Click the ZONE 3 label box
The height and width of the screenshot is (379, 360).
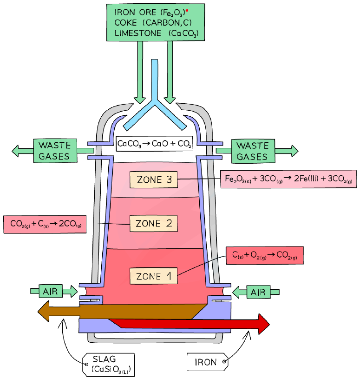click(x=154, y=180)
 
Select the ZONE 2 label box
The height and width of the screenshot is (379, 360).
click(x=154, y=223)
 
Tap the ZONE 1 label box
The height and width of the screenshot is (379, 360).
click(x=154, y=276)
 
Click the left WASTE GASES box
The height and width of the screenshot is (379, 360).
click(x=55, y=151)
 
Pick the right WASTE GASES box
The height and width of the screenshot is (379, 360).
click(x=253, y=151)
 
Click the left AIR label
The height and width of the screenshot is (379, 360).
click(x=51, y=291)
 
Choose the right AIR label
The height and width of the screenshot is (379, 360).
click(x=258, y=292)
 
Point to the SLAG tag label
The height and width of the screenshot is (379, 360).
click(x=108, y=365)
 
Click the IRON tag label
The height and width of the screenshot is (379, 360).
click(x=207, y=362)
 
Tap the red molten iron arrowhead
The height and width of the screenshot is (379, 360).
click(x=264, y=324)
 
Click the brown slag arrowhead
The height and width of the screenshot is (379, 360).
click(x=44, y=311)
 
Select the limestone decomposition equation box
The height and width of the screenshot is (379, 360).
click(x=155, y=144)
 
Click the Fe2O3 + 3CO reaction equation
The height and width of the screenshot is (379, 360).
click(x=288, y=179)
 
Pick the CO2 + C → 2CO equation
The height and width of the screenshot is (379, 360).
click(x=45, y=224)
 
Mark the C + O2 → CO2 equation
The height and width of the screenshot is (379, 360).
click(x=265, y=255)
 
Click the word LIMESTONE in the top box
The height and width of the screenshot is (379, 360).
click(x=138, y=33)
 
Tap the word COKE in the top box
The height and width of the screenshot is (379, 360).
click(x=125, y=22)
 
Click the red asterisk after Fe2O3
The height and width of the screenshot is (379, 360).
click(x=187, y=11)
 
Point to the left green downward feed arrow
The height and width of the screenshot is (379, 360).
click(x=139, y=72)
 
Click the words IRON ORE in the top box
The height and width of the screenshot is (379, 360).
click(x=135, y=12)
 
